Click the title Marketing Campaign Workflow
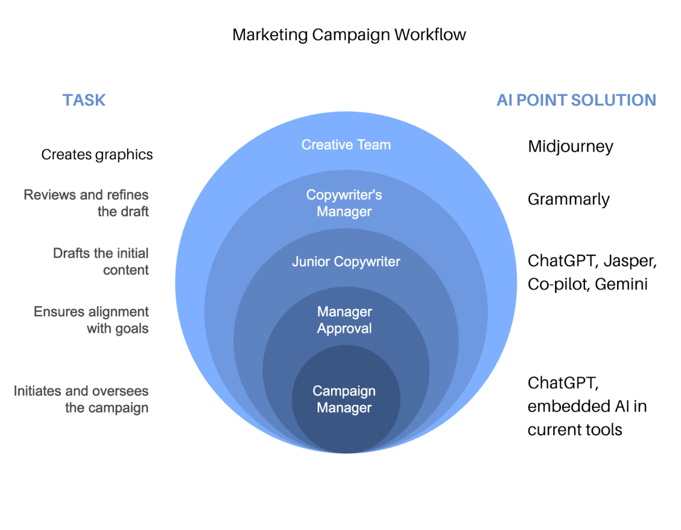point(349,35)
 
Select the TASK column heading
point(84,100)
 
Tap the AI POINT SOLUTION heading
point(576,100)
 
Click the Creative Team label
point(346,145)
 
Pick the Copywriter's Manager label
point(344,203)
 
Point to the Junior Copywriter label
point(346,262)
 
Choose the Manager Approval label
point(344,320)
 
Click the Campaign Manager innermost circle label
point(344,399)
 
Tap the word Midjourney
point(570,146)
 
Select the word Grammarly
point(568,200)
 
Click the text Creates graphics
point(97,154)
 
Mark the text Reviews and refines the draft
point(86,203)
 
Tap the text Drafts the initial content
point(101,262)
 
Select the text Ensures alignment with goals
point(91,320)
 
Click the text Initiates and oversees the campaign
point(82,399)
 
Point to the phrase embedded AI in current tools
point(587,418)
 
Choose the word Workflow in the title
point(430,35)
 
